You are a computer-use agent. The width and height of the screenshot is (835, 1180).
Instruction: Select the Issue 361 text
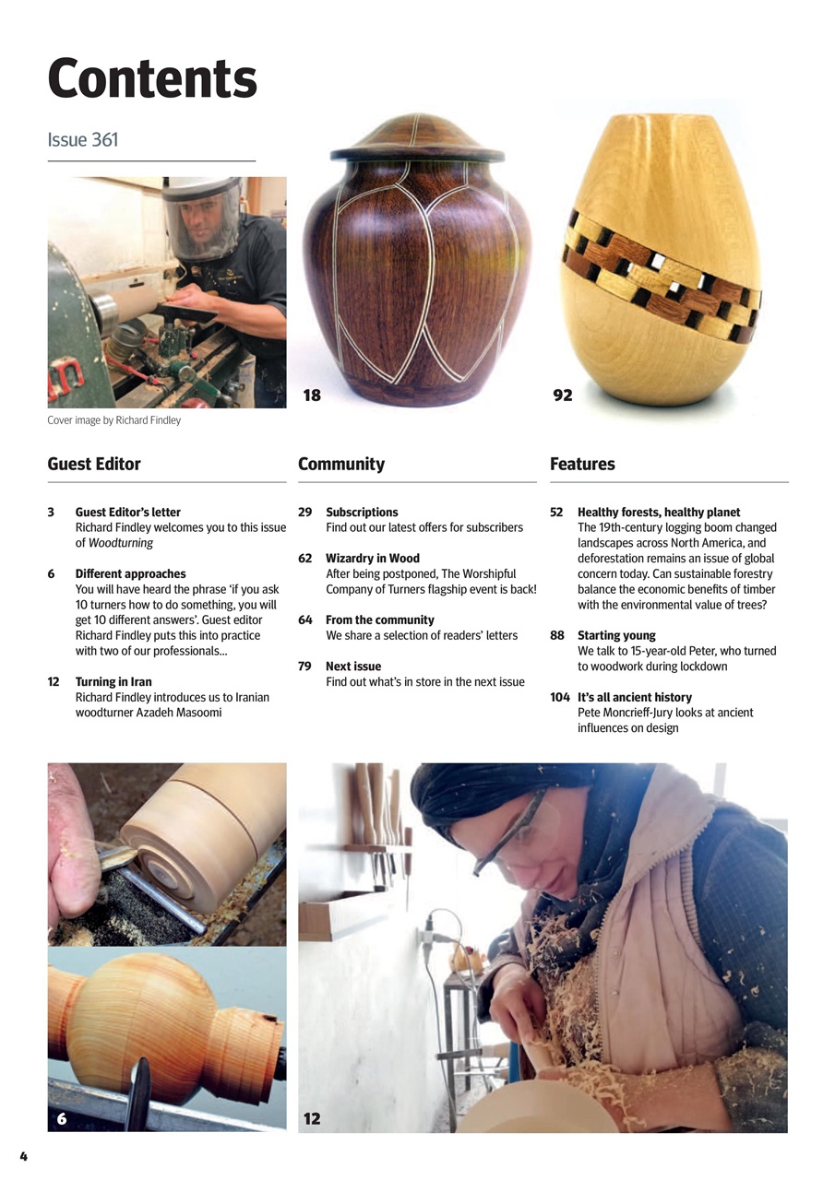(x=83, y=140)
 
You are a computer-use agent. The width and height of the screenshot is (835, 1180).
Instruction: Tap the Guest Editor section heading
(x=94, y=464)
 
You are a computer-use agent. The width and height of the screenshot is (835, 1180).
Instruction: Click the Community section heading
(x=341, y=464)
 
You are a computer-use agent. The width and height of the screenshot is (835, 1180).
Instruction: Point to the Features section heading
(x=582, y=464)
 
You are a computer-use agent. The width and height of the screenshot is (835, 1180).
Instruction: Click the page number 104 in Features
(x=560, y=697)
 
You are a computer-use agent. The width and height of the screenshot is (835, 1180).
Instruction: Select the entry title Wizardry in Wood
(x=373, y=559)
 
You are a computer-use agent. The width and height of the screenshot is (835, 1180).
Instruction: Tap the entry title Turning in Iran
(x=113, y=682)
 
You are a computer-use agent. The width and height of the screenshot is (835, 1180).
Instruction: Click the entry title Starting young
(x=616, y=635)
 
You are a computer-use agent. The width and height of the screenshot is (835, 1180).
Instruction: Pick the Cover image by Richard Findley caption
(x=114, y=420)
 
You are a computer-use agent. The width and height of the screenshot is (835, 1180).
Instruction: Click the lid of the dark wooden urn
(x=417, y=138)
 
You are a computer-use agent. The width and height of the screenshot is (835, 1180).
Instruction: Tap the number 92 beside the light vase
(x=563, y=395)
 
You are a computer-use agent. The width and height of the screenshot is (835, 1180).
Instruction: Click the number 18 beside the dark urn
(x=312, y=395)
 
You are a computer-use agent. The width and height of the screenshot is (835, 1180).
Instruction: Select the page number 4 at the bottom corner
(x=24, y=1156)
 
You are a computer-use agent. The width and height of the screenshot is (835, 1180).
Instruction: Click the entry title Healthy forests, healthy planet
(x=659, y=512)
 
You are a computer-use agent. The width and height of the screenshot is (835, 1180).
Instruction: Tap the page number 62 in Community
(x=305, y=559)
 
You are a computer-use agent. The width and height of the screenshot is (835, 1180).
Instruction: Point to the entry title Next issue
(x=353, y=667)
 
